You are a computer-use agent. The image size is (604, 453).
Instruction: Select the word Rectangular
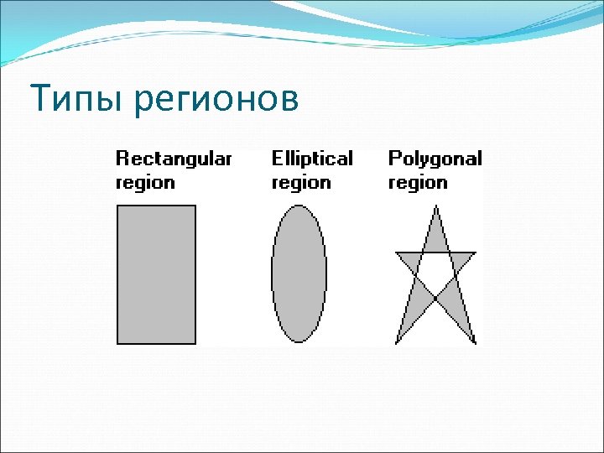point(173,159)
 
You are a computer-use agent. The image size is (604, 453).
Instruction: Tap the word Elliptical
point(312,159)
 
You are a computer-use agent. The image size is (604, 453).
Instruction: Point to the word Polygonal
point(435,159)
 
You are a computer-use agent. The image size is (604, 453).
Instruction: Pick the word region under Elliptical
point(300,183)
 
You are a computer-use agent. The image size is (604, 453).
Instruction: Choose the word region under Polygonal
point(418,183)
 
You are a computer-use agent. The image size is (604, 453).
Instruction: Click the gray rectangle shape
point(156,274)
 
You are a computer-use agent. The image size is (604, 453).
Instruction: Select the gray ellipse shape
point(299,274)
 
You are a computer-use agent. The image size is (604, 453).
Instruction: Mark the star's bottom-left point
point(396,343)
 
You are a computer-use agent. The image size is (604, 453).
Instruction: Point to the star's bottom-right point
point(475,343)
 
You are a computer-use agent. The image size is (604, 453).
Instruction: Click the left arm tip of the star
point(396,253)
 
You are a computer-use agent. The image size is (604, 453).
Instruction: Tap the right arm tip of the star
point(475,253)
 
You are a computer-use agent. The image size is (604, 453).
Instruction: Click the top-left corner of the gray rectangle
point(117,206)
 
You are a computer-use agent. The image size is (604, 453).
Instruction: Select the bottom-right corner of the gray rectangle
point(195,343)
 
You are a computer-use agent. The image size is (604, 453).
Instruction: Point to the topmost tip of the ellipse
point(299,207)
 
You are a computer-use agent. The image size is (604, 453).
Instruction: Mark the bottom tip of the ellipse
point(299,341)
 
